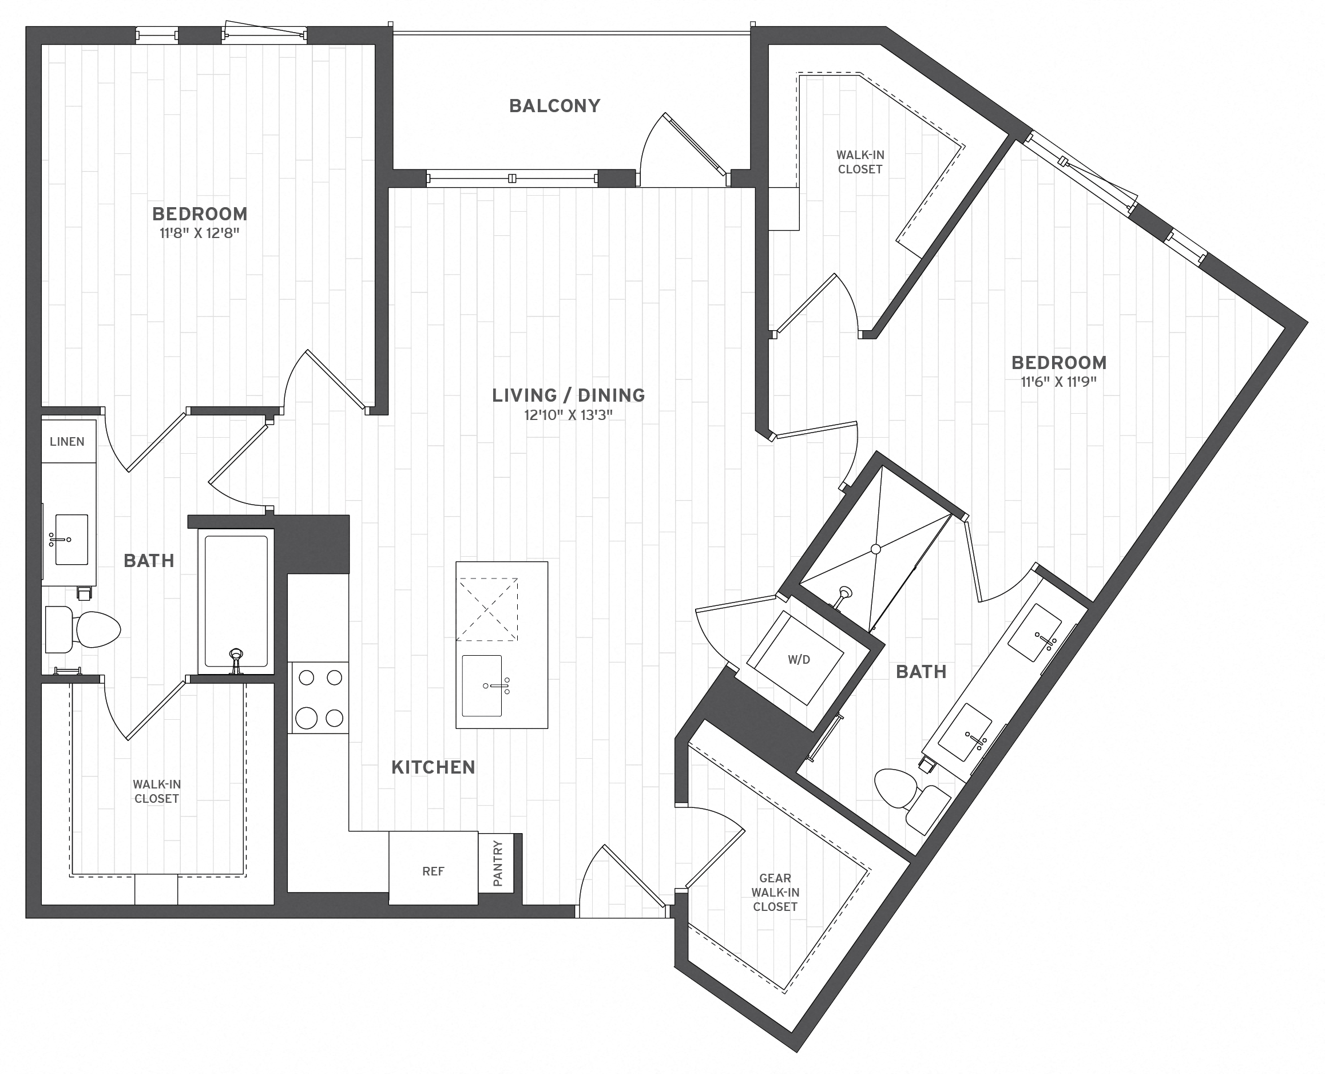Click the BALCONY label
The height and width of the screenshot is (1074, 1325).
554,106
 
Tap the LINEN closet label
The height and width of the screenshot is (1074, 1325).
67,441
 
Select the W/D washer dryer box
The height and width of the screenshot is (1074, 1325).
798,659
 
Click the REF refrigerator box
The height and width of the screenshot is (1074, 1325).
433,871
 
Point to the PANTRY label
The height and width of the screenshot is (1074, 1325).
498,863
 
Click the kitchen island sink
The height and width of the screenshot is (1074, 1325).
482,685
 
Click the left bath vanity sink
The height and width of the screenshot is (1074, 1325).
70,540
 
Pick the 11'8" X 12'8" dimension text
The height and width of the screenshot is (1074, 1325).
199,233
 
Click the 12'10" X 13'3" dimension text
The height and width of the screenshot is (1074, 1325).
568,414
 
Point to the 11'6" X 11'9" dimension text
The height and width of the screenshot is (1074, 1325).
1058,382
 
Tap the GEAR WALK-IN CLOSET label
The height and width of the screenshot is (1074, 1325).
775,892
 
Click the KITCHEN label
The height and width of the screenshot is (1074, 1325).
433,767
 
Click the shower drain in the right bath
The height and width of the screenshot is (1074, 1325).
875,549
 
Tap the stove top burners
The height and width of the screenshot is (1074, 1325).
320,697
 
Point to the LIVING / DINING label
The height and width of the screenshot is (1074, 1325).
568,395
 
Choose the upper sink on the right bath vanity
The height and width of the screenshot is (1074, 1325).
1034,634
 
